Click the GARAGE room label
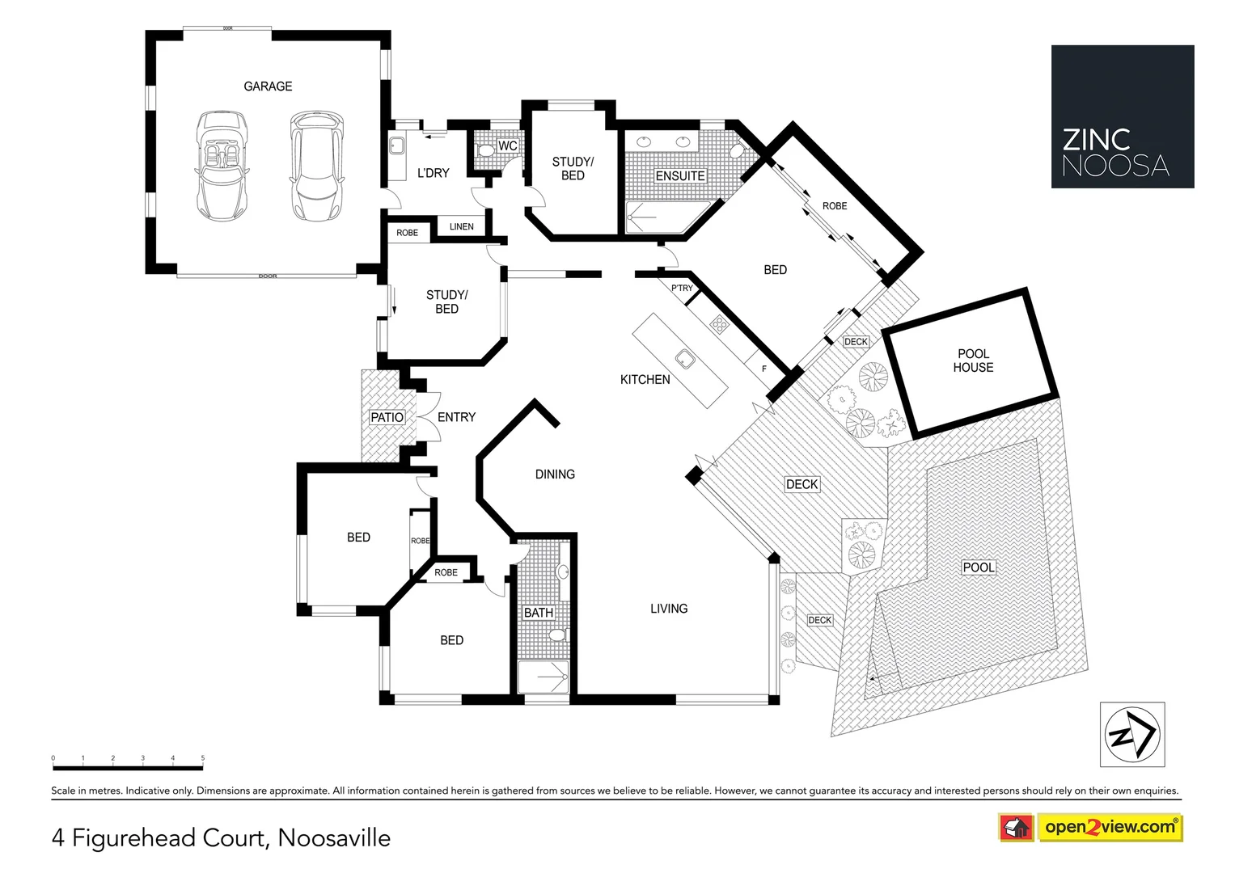pyautogui.click(x=268, y=86)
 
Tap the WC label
pyautogui.click(x=507, y=146)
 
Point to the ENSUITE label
pyautogui.click(x=679, y=176)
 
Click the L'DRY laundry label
pyautogui.click(x=433, y=173)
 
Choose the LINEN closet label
pyautogui.click(x=462, y=226)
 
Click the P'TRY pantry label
pyautogui.click(x=682, y=288)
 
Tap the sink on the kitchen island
pyautogui.click(x=684, y=358)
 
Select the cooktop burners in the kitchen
pyautogui.click(x=719, y=324)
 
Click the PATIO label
pyautogui.click(x=387, y=417)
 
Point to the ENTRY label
pyautogui.click(x=456, y=417)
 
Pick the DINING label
pyautogui.click(x=555, y=474)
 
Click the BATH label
pyautogui.click(x=538, y=613)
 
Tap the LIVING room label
pyautogui.click(x=669, y=609)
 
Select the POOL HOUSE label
pyautogui.click(x=973, y=361)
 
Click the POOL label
pyautogui.click(x=978, y=567)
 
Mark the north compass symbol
pyautogui.click(x=1131, y=735)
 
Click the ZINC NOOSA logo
pyautogui.click(x=1122, y=117)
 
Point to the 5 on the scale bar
pyautogui.click(x=203, y=758)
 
